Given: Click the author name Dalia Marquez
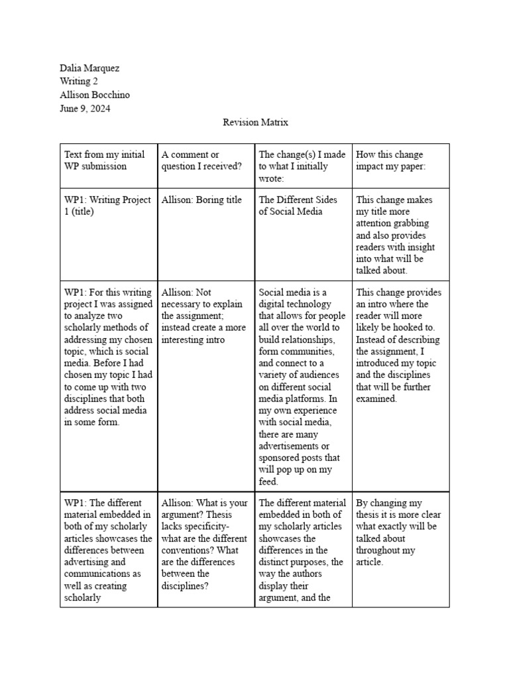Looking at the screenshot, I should (x=89, y=68).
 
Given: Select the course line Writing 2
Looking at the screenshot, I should (x=79, y=82).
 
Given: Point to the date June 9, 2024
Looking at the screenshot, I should (x=85, y=108).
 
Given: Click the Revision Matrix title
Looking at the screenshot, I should (x=255, y=122).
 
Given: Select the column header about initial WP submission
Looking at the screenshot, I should (x=104, y=160).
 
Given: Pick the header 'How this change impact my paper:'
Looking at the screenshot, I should (x=390, y=160).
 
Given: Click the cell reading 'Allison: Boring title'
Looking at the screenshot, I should (x=201, y=200).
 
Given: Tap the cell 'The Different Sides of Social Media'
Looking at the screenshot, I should (x=298, y=206).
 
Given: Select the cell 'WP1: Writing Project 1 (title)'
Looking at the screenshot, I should (x=107, y=206).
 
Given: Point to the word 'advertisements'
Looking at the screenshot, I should (x=290, y=446).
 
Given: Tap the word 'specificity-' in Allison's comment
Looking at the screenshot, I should (x=204, y=526).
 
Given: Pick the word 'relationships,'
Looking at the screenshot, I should (x=296, y=339).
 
